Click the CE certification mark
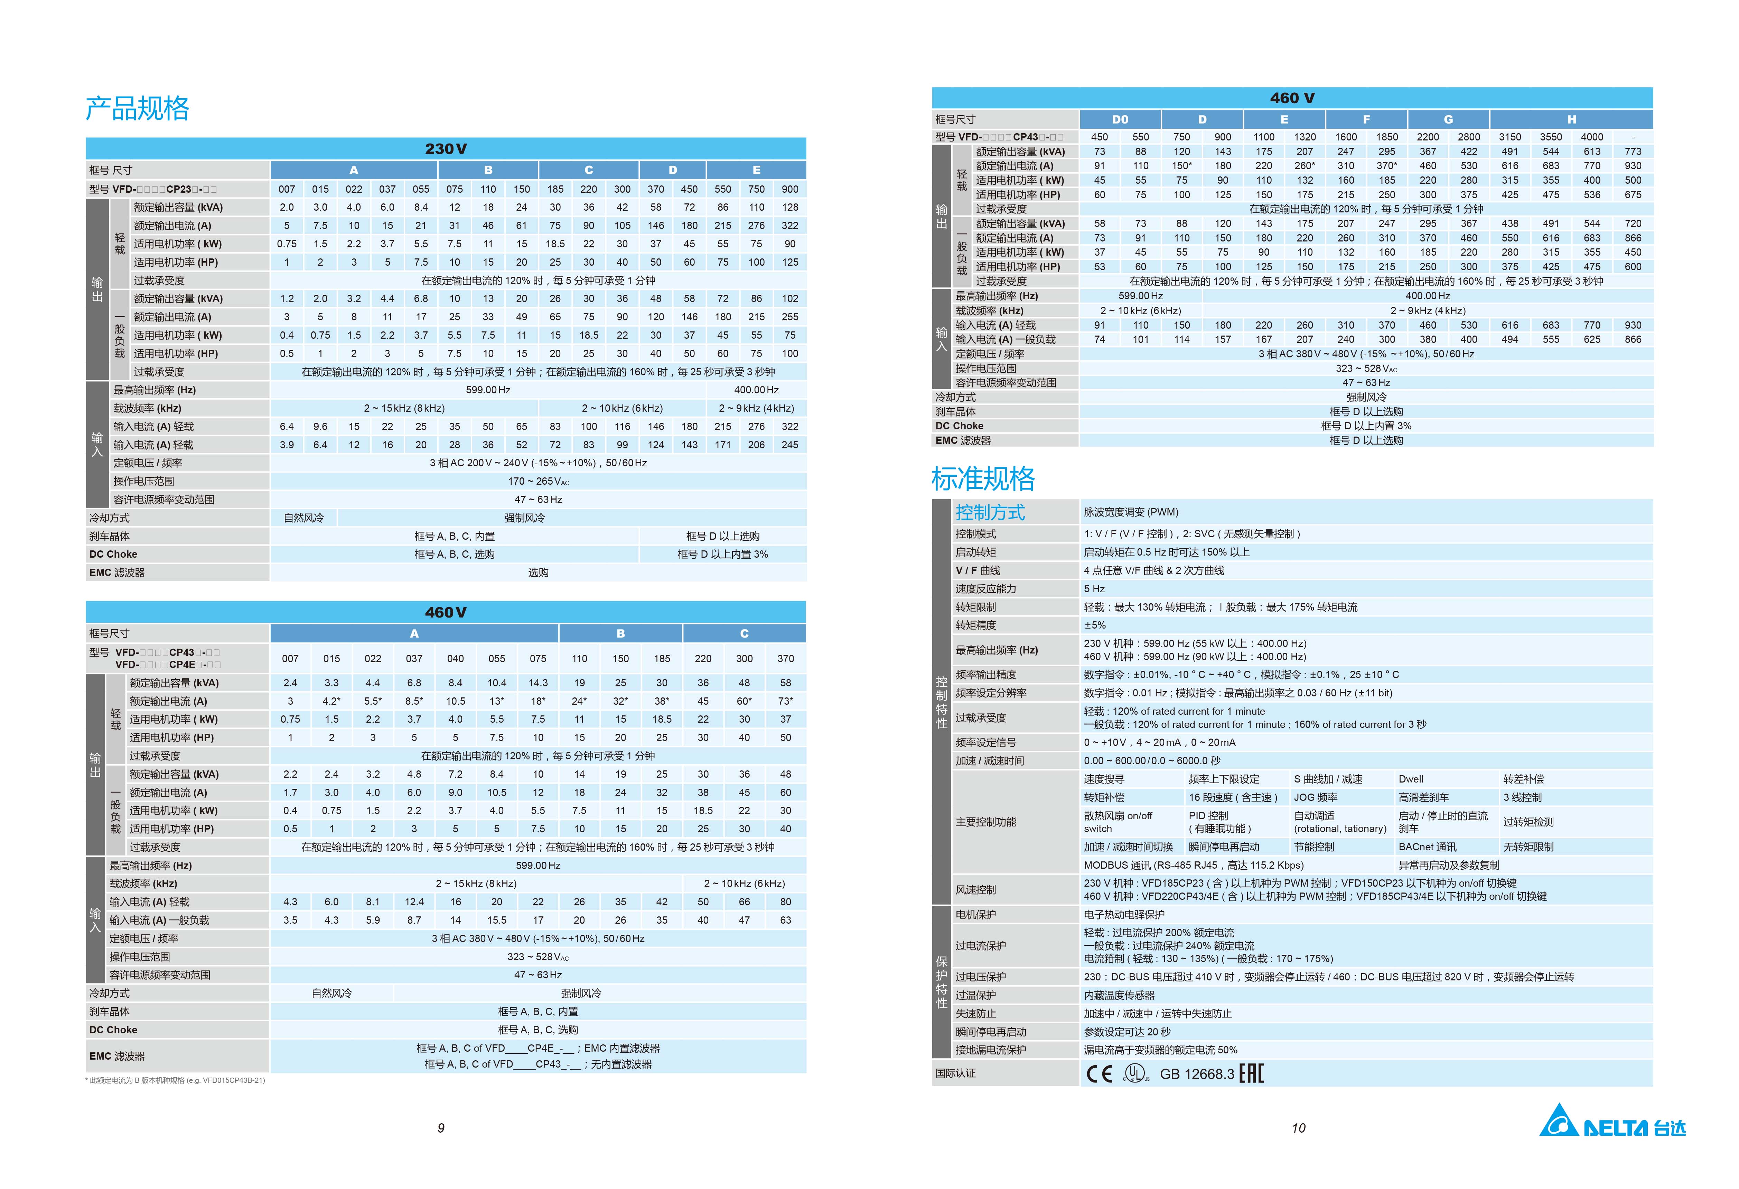click(1099, 1074)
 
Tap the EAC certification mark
click(1251, 1074)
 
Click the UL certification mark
click(1136, 1074)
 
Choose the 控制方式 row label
click(990, 512)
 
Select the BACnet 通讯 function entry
click(1427, 847)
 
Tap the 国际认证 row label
click(955, 1073)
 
